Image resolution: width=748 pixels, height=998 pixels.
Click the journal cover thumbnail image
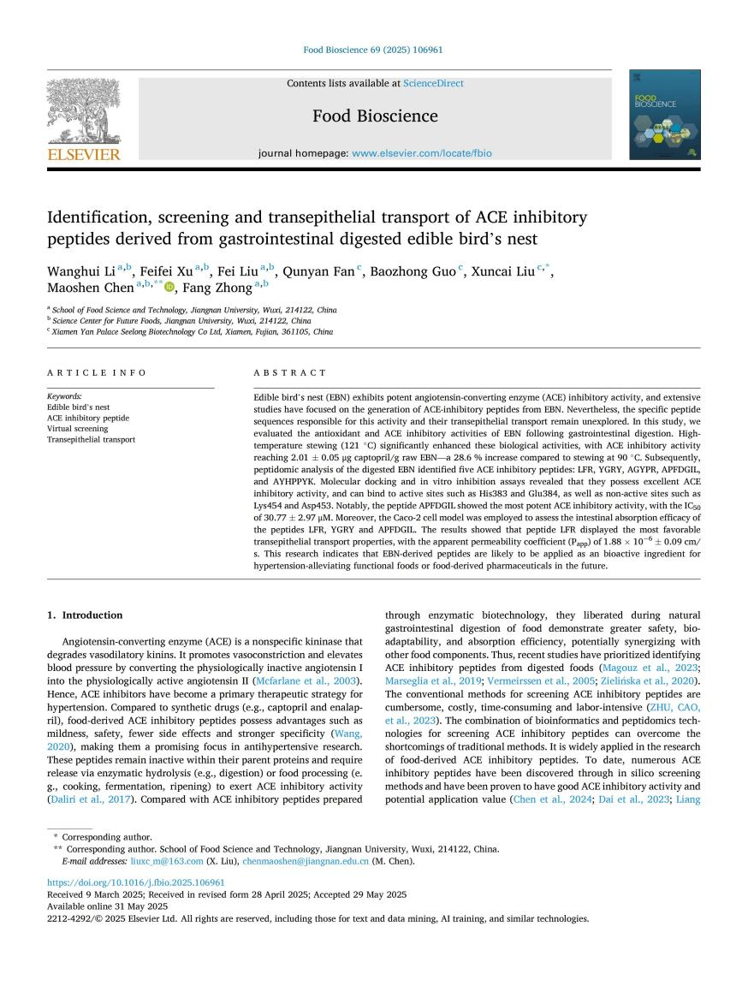(x=664, y=115)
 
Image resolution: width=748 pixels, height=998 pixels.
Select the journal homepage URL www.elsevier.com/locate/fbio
(x=422, y=154)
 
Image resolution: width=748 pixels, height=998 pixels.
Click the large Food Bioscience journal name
(x=375, y=116)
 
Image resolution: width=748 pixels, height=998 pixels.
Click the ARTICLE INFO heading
(x=96, y=373)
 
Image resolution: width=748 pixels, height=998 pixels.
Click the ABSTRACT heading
(x=290, y=373)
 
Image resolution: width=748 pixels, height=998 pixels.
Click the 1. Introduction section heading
(x=85, y=615)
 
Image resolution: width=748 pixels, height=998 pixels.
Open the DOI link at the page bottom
(x=136, y=882)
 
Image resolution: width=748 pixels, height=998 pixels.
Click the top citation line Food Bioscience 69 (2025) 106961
(x=373, y=50)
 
